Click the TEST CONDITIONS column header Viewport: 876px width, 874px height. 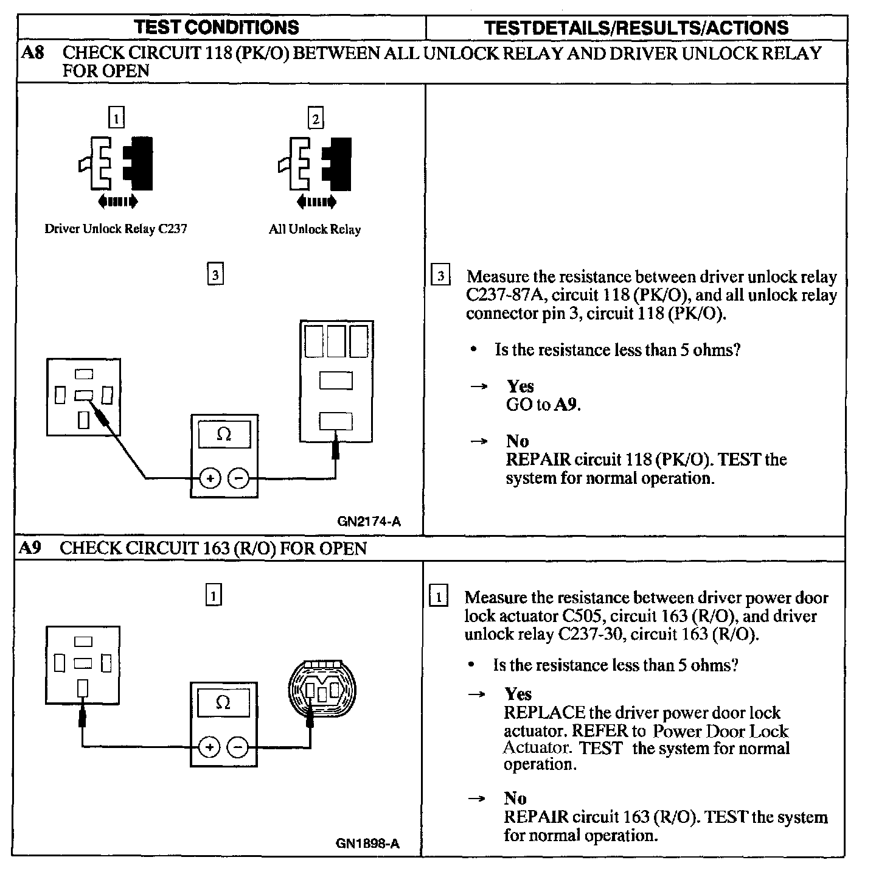pyautogui.click(x=217, y=27)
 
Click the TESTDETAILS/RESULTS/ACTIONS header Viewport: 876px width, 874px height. pyautogui.click(x=636, y=27)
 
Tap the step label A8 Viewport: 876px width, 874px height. pyautogui.click(x=33, y=53)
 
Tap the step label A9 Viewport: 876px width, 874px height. pyautogui.click(x=30, y=548)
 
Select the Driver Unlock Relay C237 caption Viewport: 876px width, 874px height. pyautogui.click(x=116, y=229)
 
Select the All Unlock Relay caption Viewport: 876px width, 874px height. pyautogui.click(x=315, y=229)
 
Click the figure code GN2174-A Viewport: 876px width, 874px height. pyautogui.click(x=369, y=522)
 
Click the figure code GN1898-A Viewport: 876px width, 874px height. pyautogui.click(x=367, y=844)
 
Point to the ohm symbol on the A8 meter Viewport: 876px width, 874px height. pyautogui.click(x=224, y=435)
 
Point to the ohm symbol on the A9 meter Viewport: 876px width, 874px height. pyautogui.click(x=223, y=703)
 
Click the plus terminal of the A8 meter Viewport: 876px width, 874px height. pyautogui.click(x=210, y=478)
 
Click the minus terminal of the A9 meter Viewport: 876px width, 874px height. pyautogui.click(x=238, y=747)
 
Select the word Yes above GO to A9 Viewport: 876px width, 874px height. pyautogui.click(x=520, y=386)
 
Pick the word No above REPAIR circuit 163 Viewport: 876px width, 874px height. pyautogui.click(x=515, y=798)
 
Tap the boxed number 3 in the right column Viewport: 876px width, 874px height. pyautogui.click(x=440, y=276)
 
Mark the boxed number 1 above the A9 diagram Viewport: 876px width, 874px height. pyautogui.click(x=213, y=595)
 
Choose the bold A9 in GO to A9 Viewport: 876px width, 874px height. pyautogui.click(x=566, y=405)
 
